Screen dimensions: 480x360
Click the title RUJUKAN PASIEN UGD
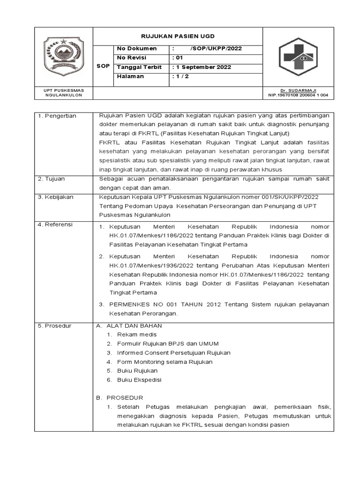(x=178, y=36)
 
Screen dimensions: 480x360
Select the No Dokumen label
(x=136, y=49)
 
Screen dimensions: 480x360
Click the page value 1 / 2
(x=180, y=76)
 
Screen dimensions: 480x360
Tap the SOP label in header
(x=103, y=66)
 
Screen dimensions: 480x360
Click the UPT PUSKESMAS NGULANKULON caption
(x=63, y=92)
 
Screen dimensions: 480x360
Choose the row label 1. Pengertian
(x=57, y=116)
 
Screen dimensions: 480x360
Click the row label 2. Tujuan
(x=52, y=179)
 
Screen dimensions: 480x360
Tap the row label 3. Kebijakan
(x=56, y=197)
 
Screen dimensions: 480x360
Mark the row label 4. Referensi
(x=56, y=225)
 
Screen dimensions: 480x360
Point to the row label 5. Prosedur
(x=54, y=326)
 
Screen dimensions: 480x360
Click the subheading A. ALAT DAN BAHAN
(x=129, y=326)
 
